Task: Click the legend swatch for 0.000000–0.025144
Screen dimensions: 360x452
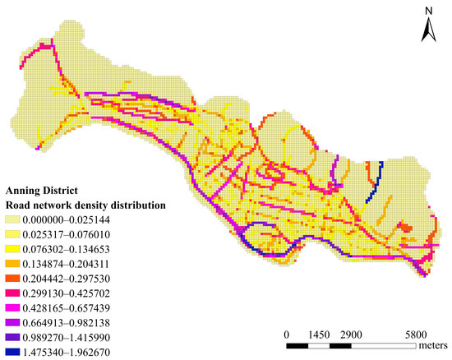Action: [15, 220]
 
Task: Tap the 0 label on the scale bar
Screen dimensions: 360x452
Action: [286, 335]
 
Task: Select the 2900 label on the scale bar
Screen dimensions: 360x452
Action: [351, 335]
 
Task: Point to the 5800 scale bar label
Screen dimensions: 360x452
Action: [415, 335]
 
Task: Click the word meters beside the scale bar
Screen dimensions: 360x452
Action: [434, 346]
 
